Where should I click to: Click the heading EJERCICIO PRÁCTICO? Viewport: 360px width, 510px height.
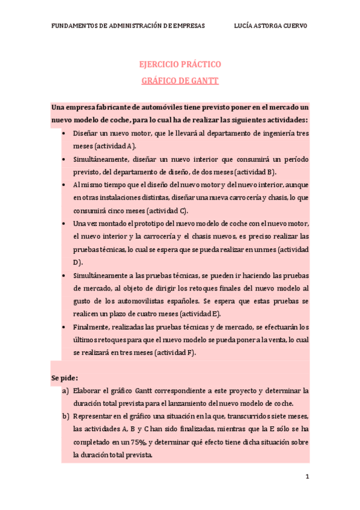click(180, 64)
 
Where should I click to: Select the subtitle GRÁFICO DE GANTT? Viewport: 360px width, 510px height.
click(180, 80)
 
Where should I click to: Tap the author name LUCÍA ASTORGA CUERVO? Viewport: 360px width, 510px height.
click(270, 26)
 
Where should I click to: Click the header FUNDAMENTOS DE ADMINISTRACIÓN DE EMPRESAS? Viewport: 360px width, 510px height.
click(128, 26)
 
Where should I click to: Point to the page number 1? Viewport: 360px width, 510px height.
click(307, 477)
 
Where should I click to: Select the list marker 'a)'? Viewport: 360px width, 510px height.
click(66, 391)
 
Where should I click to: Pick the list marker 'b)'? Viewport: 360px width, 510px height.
click(66, 416)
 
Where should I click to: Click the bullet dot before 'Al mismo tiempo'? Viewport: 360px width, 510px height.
click(64, 185)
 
